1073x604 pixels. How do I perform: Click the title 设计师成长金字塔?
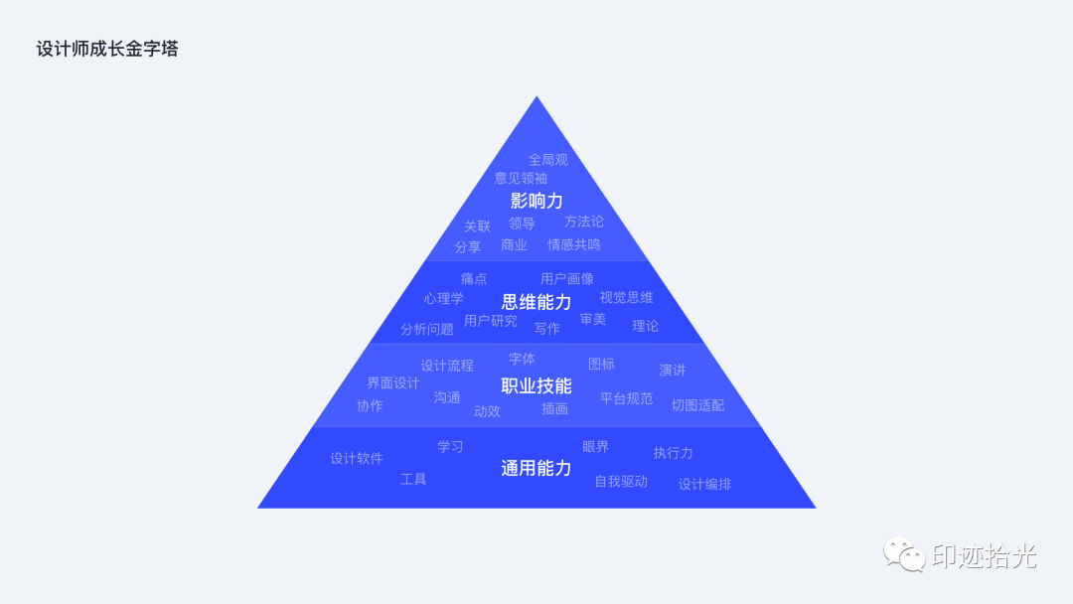107,49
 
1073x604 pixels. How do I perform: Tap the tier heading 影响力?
536,201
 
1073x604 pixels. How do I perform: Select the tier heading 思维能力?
536,302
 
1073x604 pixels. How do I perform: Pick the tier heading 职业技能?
536,385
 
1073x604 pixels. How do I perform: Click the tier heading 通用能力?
536,468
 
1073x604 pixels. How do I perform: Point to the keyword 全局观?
548,160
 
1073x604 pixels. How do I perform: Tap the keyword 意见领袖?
521,179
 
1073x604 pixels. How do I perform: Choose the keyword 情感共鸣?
574,245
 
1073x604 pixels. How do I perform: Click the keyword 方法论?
584,222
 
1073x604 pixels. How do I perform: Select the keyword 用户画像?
567,279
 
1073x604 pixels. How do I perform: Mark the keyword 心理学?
443,299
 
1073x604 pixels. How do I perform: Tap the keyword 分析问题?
427,330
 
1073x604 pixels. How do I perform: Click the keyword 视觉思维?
627,298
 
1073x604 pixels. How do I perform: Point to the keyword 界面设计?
393,383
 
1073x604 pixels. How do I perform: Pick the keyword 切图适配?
698,405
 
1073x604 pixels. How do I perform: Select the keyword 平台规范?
627,398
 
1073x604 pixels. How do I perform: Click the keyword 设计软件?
357,458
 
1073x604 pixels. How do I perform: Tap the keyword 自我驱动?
621,482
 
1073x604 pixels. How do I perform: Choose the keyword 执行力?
674,453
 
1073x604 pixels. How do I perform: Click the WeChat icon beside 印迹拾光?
904,554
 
